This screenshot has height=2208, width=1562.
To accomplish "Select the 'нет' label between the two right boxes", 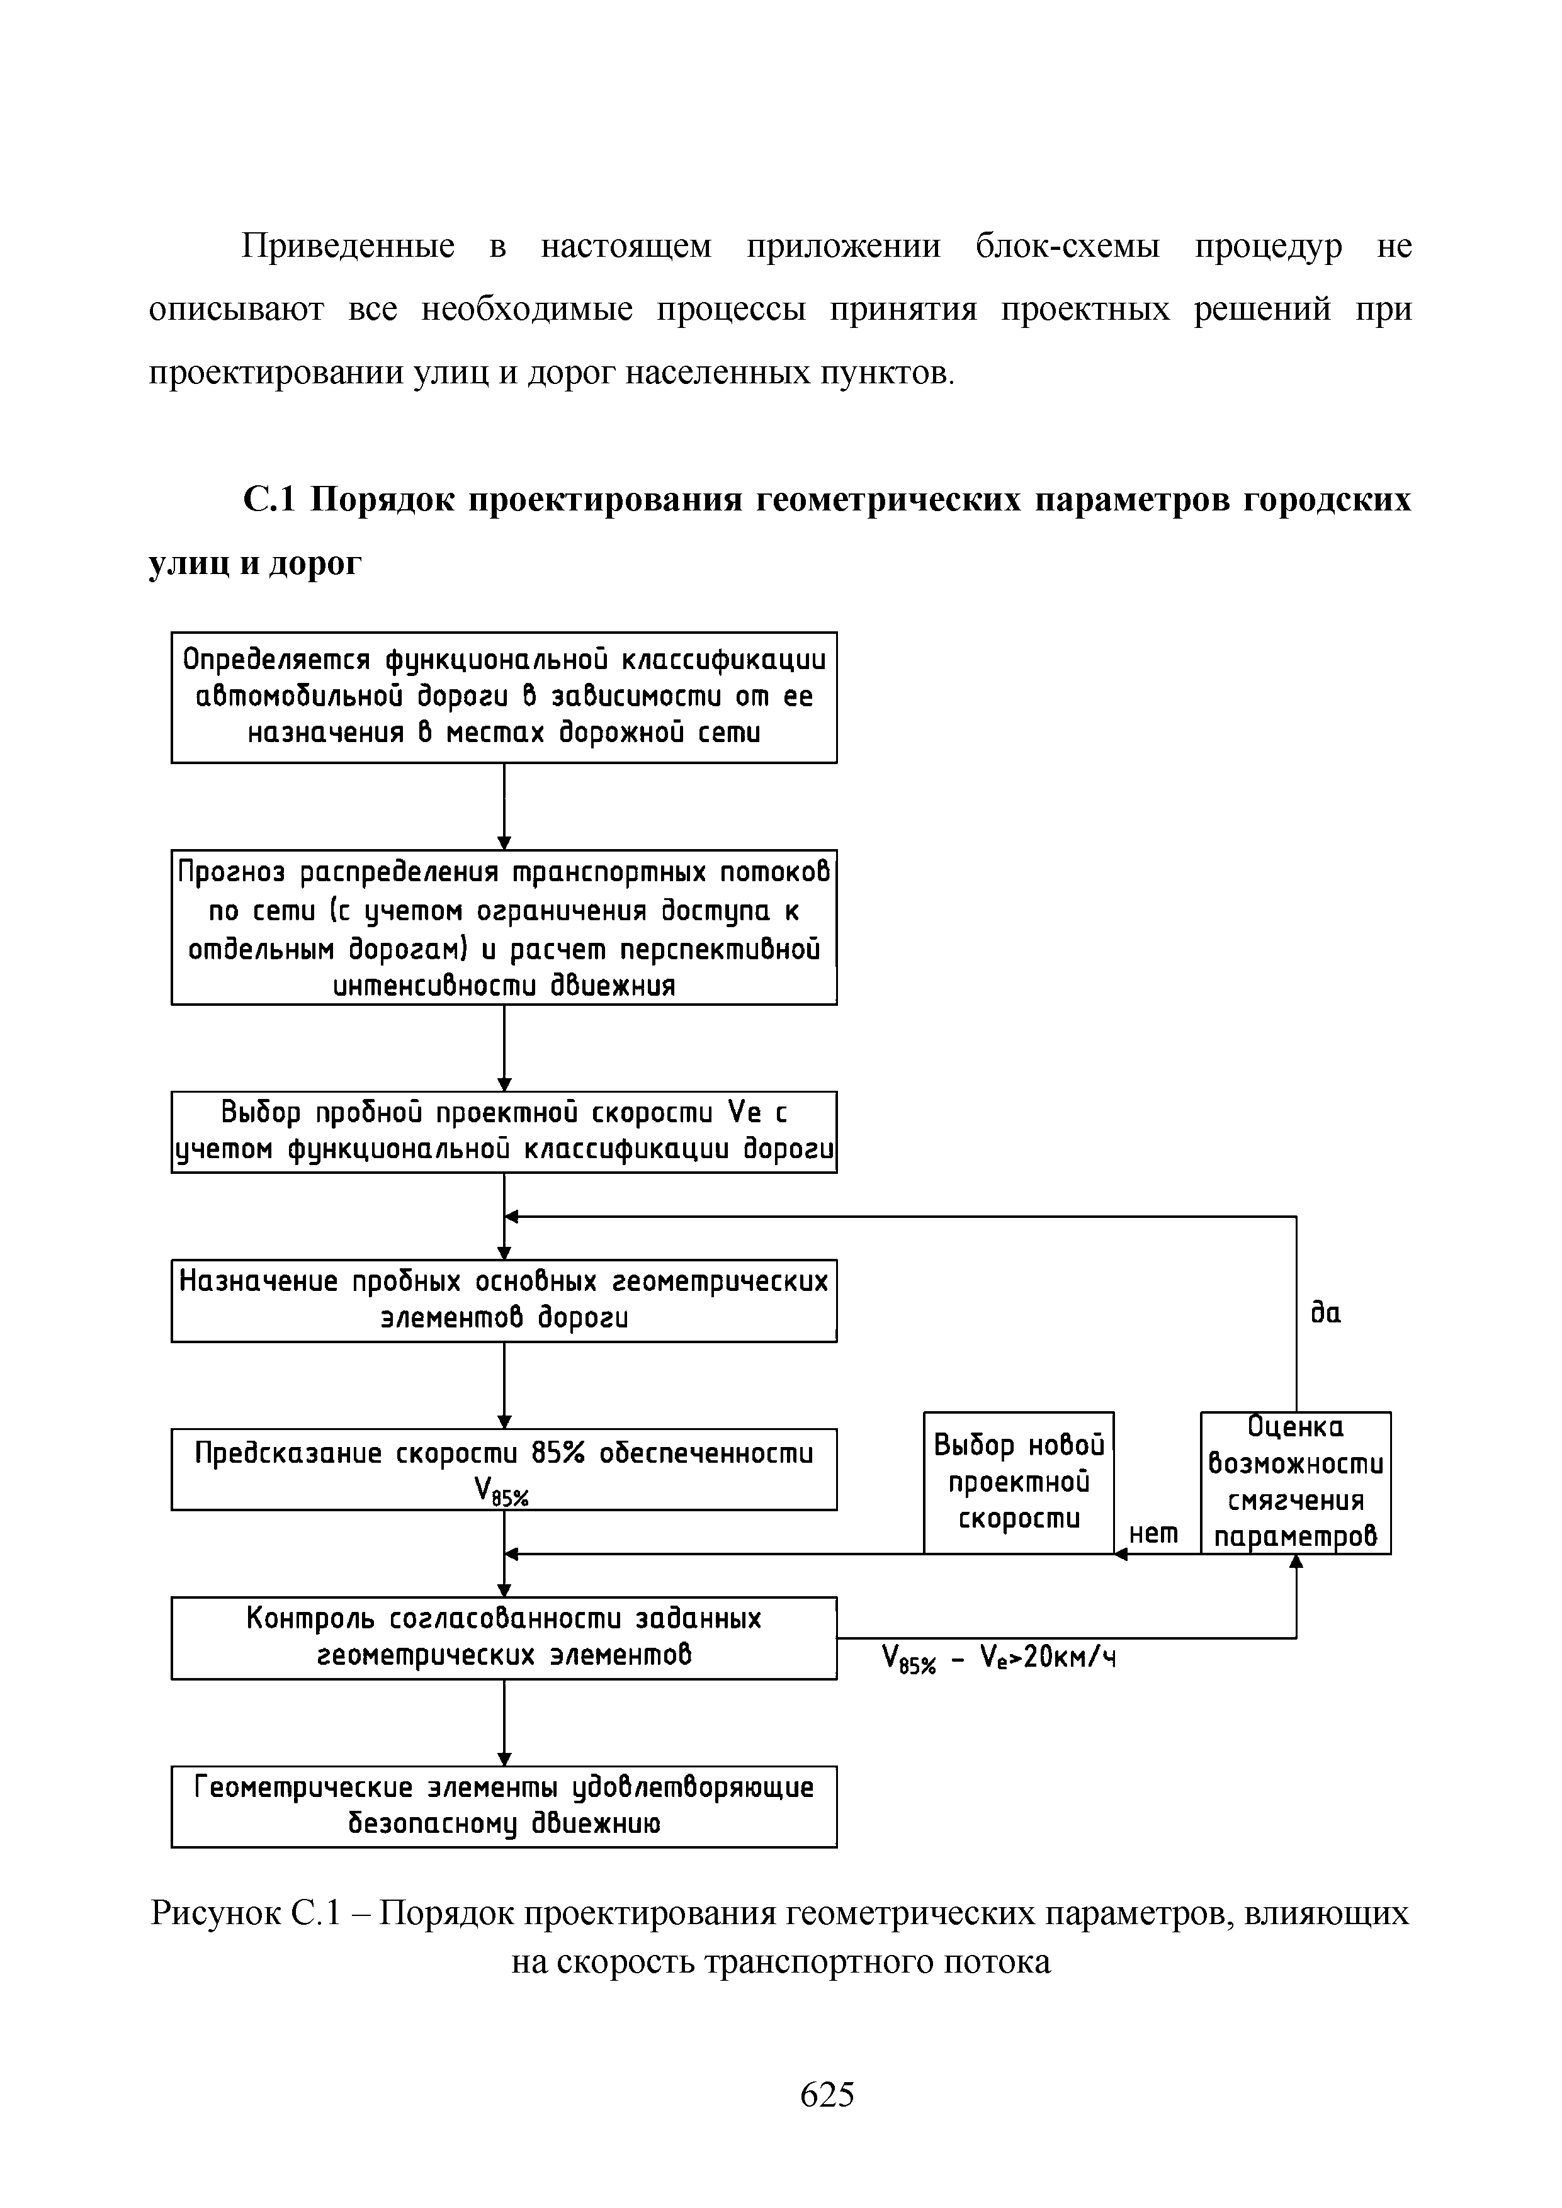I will (x=1154, y=1534).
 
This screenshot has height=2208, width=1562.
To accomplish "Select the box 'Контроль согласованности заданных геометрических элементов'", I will (x=504, y=1638).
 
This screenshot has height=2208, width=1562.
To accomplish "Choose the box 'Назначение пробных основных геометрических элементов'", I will (x=504, y=1300).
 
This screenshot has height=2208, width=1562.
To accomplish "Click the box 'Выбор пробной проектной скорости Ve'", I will (x=504, y=1131).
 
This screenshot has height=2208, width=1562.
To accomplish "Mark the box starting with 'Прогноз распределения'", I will (x=504, y=927).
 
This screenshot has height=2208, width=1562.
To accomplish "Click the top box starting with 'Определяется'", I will (x=504, y=697).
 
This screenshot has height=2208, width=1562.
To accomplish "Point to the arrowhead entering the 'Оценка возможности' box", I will (x=1296, y=1563).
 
